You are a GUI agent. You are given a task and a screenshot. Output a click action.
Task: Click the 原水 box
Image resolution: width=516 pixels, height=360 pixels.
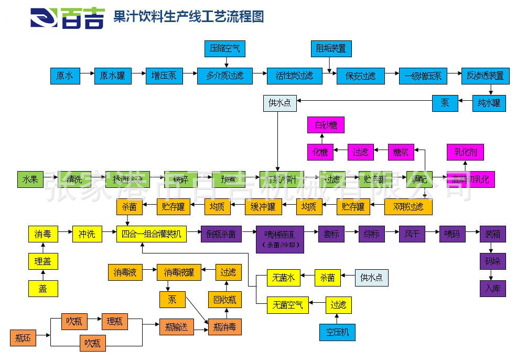65,76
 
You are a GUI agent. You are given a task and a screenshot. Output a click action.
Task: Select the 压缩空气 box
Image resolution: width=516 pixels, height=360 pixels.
224,49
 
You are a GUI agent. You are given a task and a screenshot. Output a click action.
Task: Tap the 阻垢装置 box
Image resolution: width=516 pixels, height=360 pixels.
330,49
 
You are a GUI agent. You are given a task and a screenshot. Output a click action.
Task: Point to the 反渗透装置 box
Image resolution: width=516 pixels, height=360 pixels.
485,76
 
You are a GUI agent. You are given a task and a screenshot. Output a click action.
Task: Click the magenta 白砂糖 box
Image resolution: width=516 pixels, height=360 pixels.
326,125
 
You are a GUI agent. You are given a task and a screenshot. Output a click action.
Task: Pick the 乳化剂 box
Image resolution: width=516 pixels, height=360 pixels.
465,152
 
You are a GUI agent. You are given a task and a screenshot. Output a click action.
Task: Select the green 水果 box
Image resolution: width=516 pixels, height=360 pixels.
30,179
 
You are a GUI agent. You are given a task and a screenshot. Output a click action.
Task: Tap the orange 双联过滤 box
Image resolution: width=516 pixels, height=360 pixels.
408,207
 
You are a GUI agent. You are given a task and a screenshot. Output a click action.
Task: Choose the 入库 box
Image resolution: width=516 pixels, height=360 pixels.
492,288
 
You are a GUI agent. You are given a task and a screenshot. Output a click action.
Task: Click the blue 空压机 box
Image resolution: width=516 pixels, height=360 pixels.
337,332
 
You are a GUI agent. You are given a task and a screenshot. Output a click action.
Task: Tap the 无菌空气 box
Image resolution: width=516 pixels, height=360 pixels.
284,304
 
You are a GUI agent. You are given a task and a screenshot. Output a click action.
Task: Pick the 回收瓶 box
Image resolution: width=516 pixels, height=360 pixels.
225,300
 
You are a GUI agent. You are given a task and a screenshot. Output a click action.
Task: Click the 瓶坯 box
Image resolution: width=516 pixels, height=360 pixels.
23,338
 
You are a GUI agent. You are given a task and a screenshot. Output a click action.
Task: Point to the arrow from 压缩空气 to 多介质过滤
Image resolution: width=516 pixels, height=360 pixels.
224,62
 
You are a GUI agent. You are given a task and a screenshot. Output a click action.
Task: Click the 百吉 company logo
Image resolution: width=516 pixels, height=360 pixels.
67,17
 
